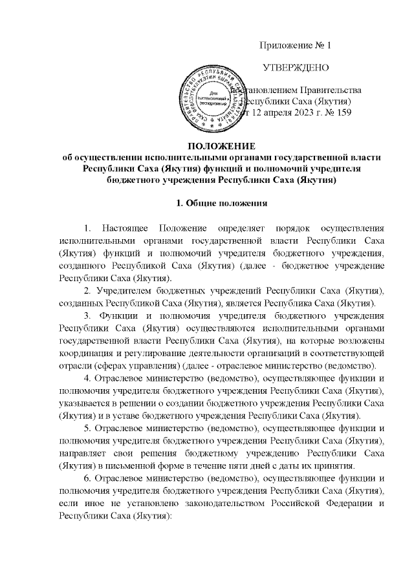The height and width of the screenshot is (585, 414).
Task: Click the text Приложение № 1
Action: point(295,45)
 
